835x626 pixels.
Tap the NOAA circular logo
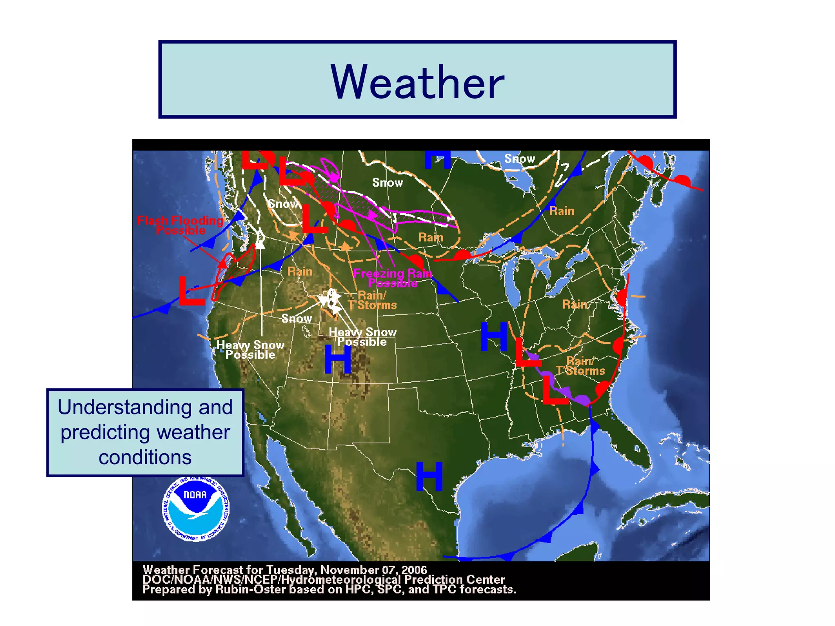pyautogui.click(x=196, y=509)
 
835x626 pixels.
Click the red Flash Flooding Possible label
pyautogui.click(x=181, y=225)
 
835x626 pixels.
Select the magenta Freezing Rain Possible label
pyautogui.click(x=393, y=278)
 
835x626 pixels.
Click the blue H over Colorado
pyautogui.click(x=338, y=359)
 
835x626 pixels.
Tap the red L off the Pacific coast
pyautogui.click(x=191, y=291)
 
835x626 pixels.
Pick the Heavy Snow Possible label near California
pyautogui.click(x=250, y=350)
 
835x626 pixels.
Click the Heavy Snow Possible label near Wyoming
pyautogui.click(x=362, y=337)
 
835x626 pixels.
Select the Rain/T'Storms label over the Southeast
pyautogui.click(x=580, y=366)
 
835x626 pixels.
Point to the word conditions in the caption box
pyautogui.click(x=145, y=457)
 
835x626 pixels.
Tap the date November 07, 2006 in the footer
pyautogui.click(x=373, y=570)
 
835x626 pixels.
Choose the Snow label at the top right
pyautogui.click(x=519, y=159)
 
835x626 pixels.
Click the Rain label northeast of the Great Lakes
pyautogui.click(x=561, y=211)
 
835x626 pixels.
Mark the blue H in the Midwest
pyautogui.click(x=494, y=336)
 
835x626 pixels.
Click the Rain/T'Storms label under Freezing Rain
pyautogui.click(x=372, y=300)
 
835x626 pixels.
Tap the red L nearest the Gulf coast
pyautogui.click(x=555, y=390)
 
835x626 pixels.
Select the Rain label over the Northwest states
pyautogui.click(x=300, y=271)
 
